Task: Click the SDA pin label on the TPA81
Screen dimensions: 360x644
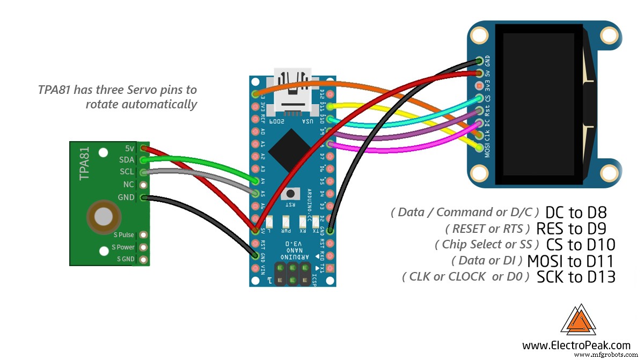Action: [127, 160]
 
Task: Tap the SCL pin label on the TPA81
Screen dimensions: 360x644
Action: [127, 172]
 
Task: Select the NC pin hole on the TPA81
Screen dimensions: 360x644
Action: [143, 185]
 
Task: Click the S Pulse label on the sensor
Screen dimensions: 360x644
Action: [123, 235]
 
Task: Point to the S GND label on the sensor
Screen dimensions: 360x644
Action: [126, 260]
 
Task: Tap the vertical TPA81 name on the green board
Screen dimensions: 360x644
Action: [84, 165]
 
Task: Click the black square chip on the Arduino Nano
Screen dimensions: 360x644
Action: [289, 150]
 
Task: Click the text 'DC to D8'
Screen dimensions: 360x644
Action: [575, 213]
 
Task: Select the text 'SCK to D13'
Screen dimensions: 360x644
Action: [575, 277]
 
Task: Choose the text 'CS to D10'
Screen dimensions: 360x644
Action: [580, 245]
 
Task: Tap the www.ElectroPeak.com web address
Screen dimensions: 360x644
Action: [576, 345]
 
